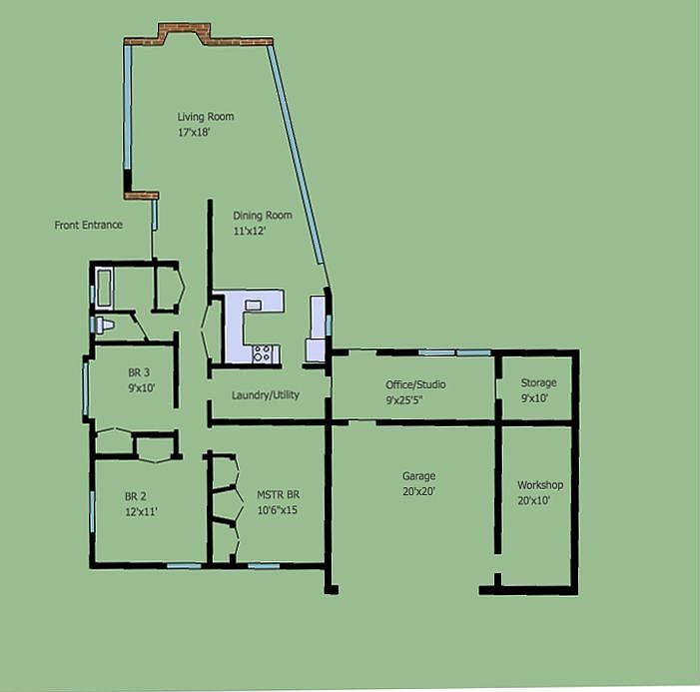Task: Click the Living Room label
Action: pyautogui.click(x=206, y=117)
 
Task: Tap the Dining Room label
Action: pyautogui.click(x=263, y=216)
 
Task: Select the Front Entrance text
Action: pyautogui.click(x=89, y=226)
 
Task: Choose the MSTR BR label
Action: pyautogui.click(x=277, y=495)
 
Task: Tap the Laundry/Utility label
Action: pyautogui.click(x=266, y=395)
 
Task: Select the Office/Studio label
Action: pyautogui.click(x=415, y=384)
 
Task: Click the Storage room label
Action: pyautogui.click(x=539, y=382)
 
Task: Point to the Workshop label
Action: pyautogui.click(x=539, y=485)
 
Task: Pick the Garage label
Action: pyautogui.click(x=418, y=476)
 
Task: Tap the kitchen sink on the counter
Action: pyautogui.click(x=254, y=305)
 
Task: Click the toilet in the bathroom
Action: pyautogui.click(x=103, y=325)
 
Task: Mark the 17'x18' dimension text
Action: pyautogui.click(x=194, y=133)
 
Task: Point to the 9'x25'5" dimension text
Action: pyautogui.click(x=417, y=399)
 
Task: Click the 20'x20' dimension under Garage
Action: pyautogui.click(x=418, y=491)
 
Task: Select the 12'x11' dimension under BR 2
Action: pyautogui.click(x=141, y=511)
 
